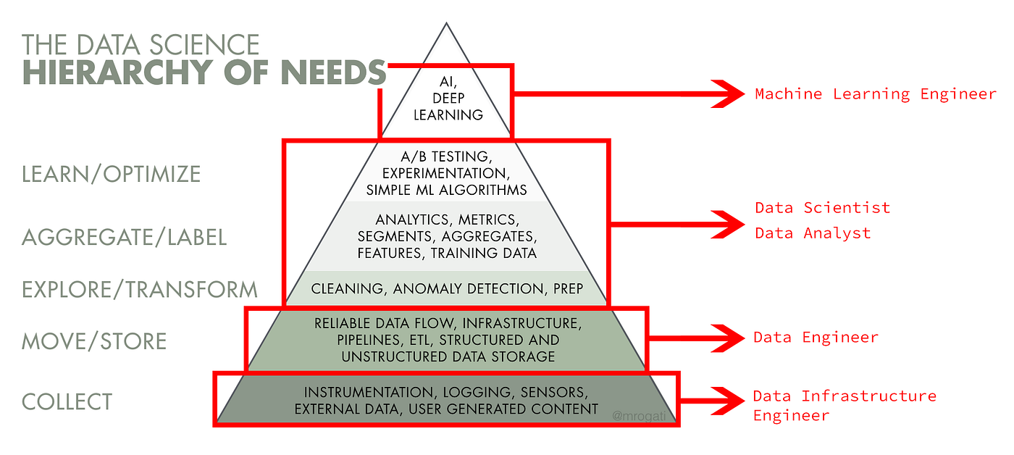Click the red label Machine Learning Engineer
(875, 93)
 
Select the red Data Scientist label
(822, 208)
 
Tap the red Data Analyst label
(813, 233)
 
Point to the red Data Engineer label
(816, 337)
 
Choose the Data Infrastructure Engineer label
(844, 405)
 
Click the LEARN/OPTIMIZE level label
(111, 174)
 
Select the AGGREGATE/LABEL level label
(124, 237)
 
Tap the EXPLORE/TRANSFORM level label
(140, 289)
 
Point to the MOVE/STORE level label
(94, 341)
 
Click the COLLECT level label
(67, 401)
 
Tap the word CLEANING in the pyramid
(340, 289)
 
